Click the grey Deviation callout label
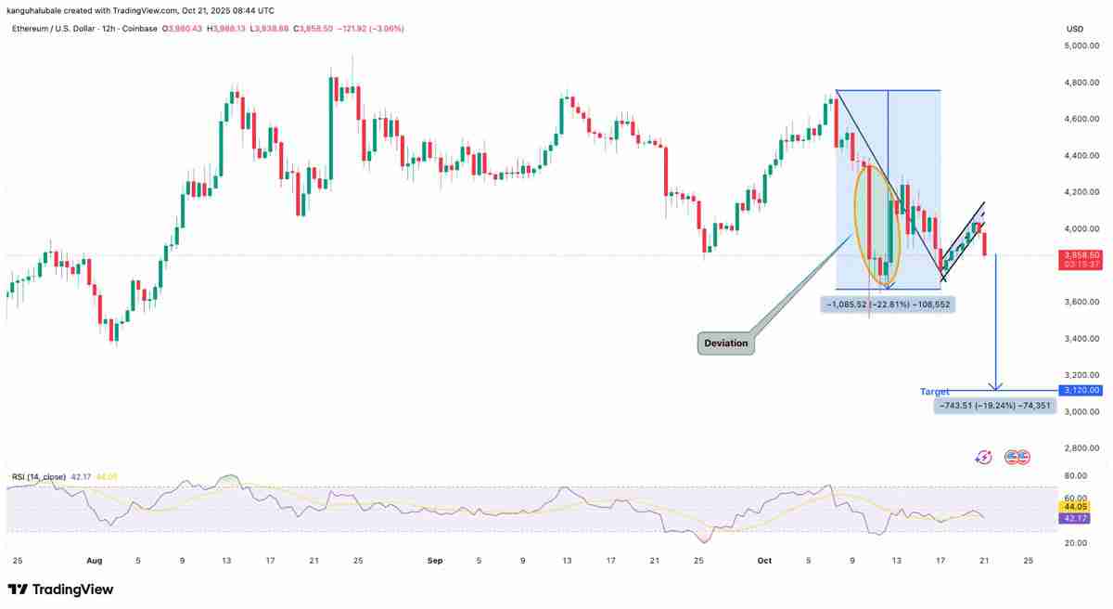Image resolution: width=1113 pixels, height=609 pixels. coord(725,343)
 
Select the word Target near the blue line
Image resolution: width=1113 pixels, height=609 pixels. coord(934,392)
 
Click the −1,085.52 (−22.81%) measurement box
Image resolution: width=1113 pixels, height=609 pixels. coord(888,304)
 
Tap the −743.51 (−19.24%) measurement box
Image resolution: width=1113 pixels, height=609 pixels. coord(992,405)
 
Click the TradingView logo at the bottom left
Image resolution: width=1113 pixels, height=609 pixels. coord(60,590)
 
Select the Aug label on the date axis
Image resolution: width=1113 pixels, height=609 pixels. coord(93,561)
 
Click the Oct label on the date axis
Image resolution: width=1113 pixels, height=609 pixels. coord(764,561)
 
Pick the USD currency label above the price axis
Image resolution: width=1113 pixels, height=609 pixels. coord(1075,29)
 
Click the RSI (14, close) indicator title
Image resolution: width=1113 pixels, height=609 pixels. coord(39,477)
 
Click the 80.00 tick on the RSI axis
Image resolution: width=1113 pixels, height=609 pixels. coord(1076,475)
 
